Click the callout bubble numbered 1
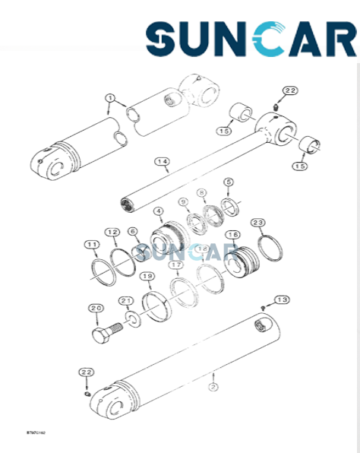110,99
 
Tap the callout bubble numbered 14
161,161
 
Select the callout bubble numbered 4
158,211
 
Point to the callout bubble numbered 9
183,201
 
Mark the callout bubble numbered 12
112,231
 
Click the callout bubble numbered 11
91,244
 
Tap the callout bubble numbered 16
232,235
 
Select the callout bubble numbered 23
258,223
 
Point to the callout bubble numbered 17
175,265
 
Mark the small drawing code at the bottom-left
15,432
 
